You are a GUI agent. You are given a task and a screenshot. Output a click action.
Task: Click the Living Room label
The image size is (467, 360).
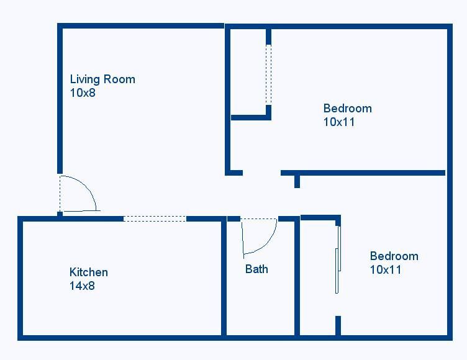point(102,79)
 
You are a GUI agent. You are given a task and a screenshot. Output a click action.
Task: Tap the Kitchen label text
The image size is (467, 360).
point(89,272)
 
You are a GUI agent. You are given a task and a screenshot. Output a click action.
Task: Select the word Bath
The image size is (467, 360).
point(256,269)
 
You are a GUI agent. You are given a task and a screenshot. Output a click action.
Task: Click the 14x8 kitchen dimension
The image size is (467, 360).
point(83,286)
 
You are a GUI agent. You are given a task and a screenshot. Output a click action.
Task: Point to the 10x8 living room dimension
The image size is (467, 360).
point(83,93)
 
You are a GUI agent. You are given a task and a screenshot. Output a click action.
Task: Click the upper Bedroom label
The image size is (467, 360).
point(348,108)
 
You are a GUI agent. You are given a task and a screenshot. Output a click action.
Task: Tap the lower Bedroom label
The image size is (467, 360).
point(394,256)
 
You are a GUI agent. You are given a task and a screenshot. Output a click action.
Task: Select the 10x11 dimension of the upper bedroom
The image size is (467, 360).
point(339,122)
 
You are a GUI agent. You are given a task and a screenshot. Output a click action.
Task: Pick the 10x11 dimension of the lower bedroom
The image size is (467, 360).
point(386,269)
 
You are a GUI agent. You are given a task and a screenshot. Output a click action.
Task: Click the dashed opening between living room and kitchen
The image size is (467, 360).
point(155,218)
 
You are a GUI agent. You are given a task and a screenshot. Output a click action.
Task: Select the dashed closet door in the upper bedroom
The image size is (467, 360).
point(268,74)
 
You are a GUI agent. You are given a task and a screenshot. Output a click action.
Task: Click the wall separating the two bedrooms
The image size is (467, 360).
point(363,173)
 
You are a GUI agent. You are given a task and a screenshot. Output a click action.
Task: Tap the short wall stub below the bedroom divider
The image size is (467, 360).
point(297,181)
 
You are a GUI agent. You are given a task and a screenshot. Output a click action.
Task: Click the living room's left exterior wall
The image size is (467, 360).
point(60,99)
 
